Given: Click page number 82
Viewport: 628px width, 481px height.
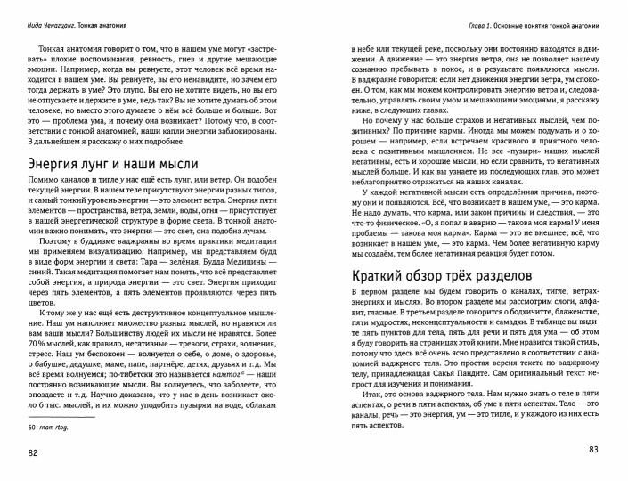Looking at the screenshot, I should coord(34,455).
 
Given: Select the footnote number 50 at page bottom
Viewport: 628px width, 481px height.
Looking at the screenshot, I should coord(32,428).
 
